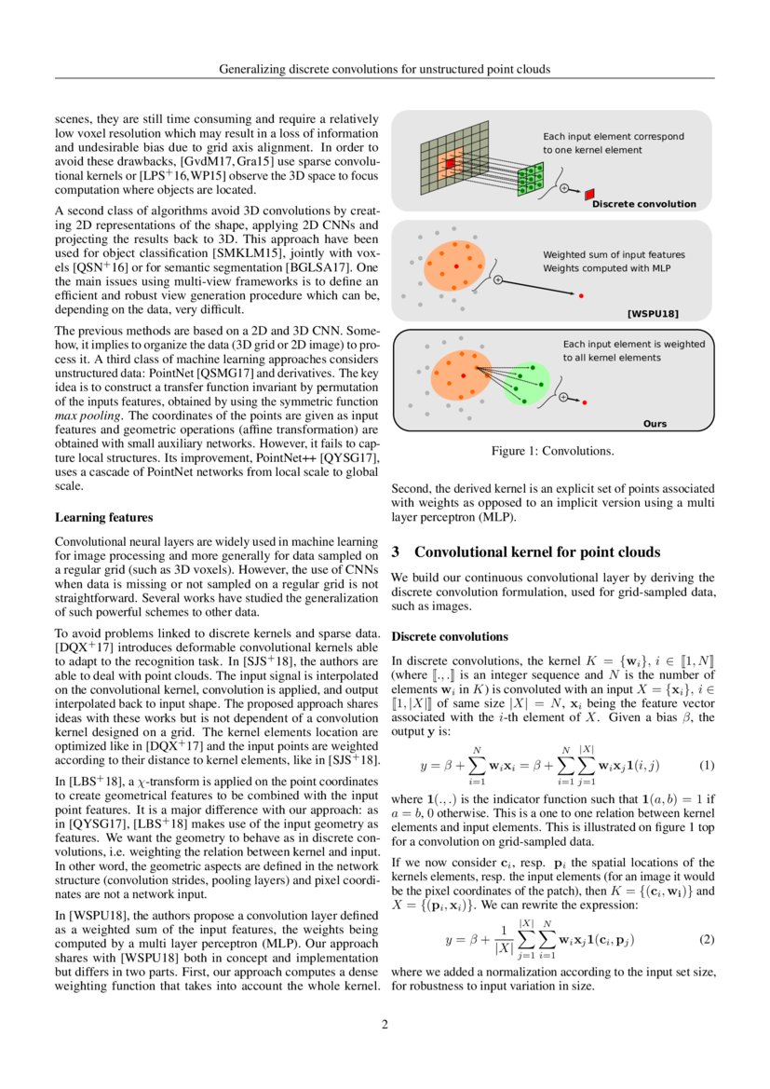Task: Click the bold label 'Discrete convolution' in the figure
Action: (643, 203)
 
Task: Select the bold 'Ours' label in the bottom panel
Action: (655, 424)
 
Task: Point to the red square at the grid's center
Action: (450, 163)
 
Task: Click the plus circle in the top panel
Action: (563, 189)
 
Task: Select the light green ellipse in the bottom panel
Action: (528, 384)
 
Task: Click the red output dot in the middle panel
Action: (582, 296)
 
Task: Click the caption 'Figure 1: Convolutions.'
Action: (552, 452)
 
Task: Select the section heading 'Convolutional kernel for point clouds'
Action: (537, 551)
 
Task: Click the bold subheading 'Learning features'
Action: (104, 517)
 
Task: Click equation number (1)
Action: (706, 765)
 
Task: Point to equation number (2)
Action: (706, 939)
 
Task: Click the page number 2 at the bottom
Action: (385, 1026)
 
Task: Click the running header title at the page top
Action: (385, 69)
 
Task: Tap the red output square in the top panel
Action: (588, 194)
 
